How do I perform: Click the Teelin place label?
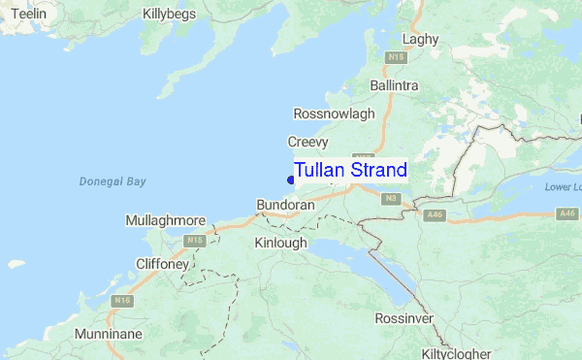pos(27,15)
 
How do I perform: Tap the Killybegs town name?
pos(169,15)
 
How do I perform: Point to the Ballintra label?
pos(394,85)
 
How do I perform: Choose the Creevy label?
pos(307,142)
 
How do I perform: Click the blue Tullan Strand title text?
pos(350,170)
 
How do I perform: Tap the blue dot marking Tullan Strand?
pos(291,179)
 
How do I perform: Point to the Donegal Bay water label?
pos(113,181)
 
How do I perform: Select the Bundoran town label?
pos(285,206)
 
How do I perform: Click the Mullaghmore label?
pos(165,221)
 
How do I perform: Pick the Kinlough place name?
pos(280,243)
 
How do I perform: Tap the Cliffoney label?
pos(162,262)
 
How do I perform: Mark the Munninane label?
pos(112,334)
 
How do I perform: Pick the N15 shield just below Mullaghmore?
pos(196,240)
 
